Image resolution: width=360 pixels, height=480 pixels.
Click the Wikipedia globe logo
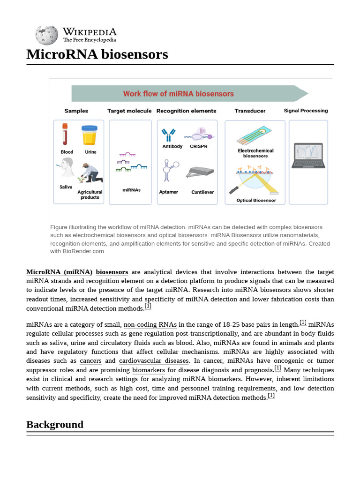(46, 35)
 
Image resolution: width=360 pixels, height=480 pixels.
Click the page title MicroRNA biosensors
(97, 54)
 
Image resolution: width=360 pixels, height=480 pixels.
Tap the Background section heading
(55, 424)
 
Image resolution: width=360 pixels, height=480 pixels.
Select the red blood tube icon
(65, 135)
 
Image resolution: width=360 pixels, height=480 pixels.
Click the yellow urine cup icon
(89, 135)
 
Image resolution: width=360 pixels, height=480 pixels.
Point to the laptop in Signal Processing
(307, 155)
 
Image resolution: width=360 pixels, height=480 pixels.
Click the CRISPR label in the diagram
(198, 146)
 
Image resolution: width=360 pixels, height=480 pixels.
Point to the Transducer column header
(250, 111)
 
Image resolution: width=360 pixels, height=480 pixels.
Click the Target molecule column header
(129, 111)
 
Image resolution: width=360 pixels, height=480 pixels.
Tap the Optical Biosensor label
(256, 200)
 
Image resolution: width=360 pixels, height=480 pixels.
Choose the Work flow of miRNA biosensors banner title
(178, 94)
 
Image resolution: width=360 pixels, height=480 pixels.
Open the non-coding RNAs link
(150, 324)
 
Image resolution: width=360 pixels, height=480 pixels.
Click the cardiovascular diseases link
(153, 361)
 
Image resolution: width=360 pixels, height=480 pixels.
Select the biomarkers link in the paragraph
(148, 370)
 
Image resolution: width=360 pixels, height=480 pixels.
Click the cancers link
(90, 361)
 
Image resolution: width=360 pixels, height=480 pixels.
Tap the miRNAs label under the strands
(131, 190)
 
